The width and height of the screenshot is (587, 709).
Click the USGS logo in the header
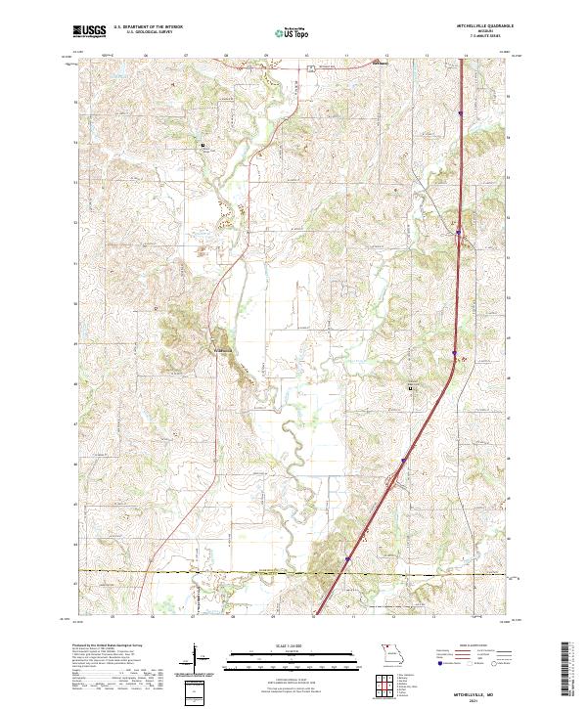(90, 31)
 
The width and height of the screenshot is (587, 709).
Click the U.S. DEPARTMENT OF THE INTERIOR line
(148, 27)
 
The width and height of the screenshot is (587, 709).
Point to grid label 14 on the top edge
(466, 56)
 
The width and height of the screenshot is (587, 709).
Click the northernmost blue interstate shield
(460, 111)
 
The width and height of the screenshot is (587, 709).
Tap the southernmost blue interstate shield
(344, 560)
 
